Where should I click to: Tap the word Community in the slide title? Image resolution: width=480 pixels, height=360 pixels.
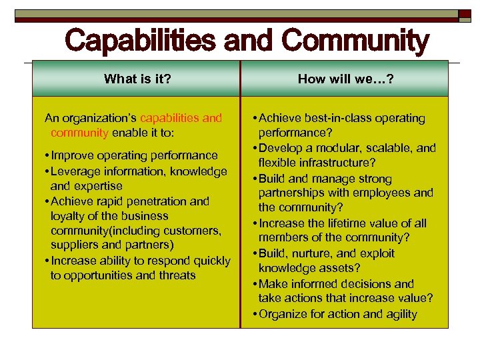355,41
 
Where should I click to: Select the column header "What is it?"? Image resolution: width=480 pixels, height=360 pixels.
137,79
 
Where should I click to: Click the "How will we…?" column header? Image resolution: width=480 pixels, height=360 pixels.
345,79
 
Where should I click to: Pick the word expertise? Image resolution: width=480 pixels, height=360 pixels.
98,186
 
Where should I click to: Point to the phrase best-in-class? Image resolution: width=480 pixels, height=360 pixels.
336,118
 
